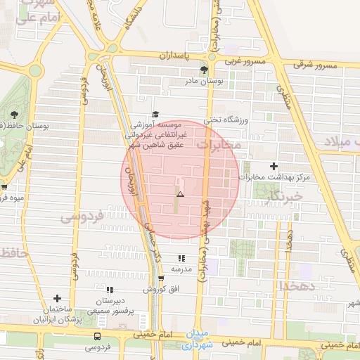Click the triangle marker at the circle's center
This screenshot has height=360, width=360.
pyautogui.click(x=180, y=193)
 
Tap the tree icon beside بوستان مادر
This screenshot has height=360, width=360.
pyautogui.click(x=204, y=70)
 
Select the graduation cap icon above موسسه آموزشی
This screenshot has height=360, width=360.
pyautogui.click(x=155, y=114)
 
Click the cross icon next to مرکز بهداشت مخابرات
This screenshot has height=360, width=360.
pyautogui.click(x=274, y=165)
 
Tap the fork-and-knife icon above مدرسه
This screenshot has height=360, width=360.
pyautogui.click(x=181, y=259)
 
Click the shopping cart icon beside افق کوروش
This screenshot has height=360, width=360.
pyautogui.click(x=161, y=278)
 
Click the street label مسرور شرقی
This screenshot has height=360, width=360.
pyautogui.click(x=315, y=65)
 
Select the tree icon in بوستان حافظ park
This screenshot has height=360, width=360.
pyautogui.click(x=14, y=114)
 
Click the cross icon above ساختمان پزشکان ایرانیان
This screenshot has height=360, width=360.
pyautogui.click(x=57, y=299)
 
